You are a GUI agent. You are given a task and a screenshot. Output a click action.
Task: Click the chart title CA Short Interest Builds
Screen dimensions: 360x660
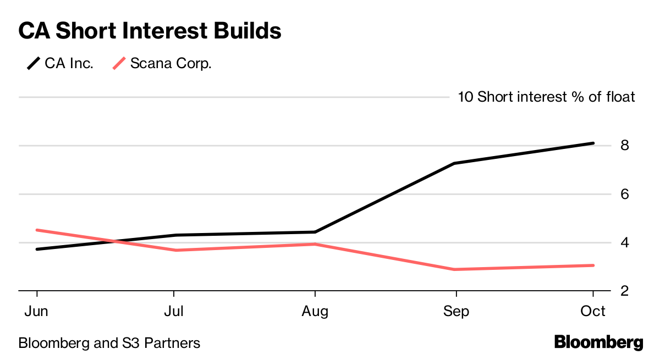150,31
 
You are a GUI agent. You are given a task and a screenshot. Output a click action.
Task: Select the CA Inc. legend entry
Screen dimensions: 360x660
61,63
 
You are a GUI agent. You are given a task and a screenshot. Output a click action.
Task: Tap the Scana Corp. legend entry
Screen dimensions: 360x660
162,63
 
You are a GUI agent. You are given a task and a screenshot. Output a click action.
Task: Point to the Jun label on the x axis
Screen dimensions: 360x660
36,311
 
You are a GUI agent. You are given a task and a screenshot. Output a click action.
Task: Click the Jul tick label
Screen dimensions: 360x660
174,311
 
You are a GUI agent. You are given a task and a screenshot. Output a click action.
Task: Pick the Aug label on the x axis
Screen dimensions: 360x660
315,311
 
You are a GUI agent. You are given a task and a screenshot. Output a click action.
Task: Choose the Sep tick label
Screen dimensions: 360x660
456,311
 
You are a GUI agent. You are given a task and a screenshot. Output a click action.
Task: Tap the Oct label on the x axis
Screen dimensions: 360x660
593,311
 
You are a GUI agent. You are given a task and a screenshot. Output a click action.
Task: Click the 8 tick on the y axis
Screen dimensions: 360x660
625,146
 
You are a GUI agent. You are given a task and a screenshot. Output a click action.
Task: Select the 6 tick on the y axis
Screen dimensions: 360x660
625,194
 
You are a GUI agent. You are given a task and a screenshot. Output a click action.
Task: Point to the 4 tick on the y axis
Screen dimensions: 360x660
625,242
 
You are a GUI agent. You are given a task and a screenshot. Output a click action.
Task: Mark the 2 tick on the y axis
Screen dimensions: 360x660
625,291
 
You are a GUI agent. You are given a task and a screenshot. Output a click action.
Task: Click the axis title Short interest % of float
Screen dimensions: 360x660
555,97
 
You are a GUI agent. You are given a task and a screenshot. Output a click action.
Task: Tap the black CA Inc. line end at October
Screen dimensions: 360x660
593,143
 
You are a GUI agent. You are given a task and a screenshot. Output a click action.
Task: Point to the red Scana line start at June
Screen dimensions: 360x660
37,230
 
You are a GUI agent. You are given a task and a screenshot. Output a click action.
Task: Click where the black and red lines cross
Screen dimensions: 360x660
114,241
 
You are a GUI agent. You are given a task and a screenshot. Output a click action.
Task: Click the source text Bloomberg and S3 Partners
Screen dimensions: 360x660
109,344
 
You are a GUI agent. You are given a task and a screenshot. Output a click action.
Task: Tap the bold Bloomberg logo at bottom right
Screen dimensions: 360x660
598,342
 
